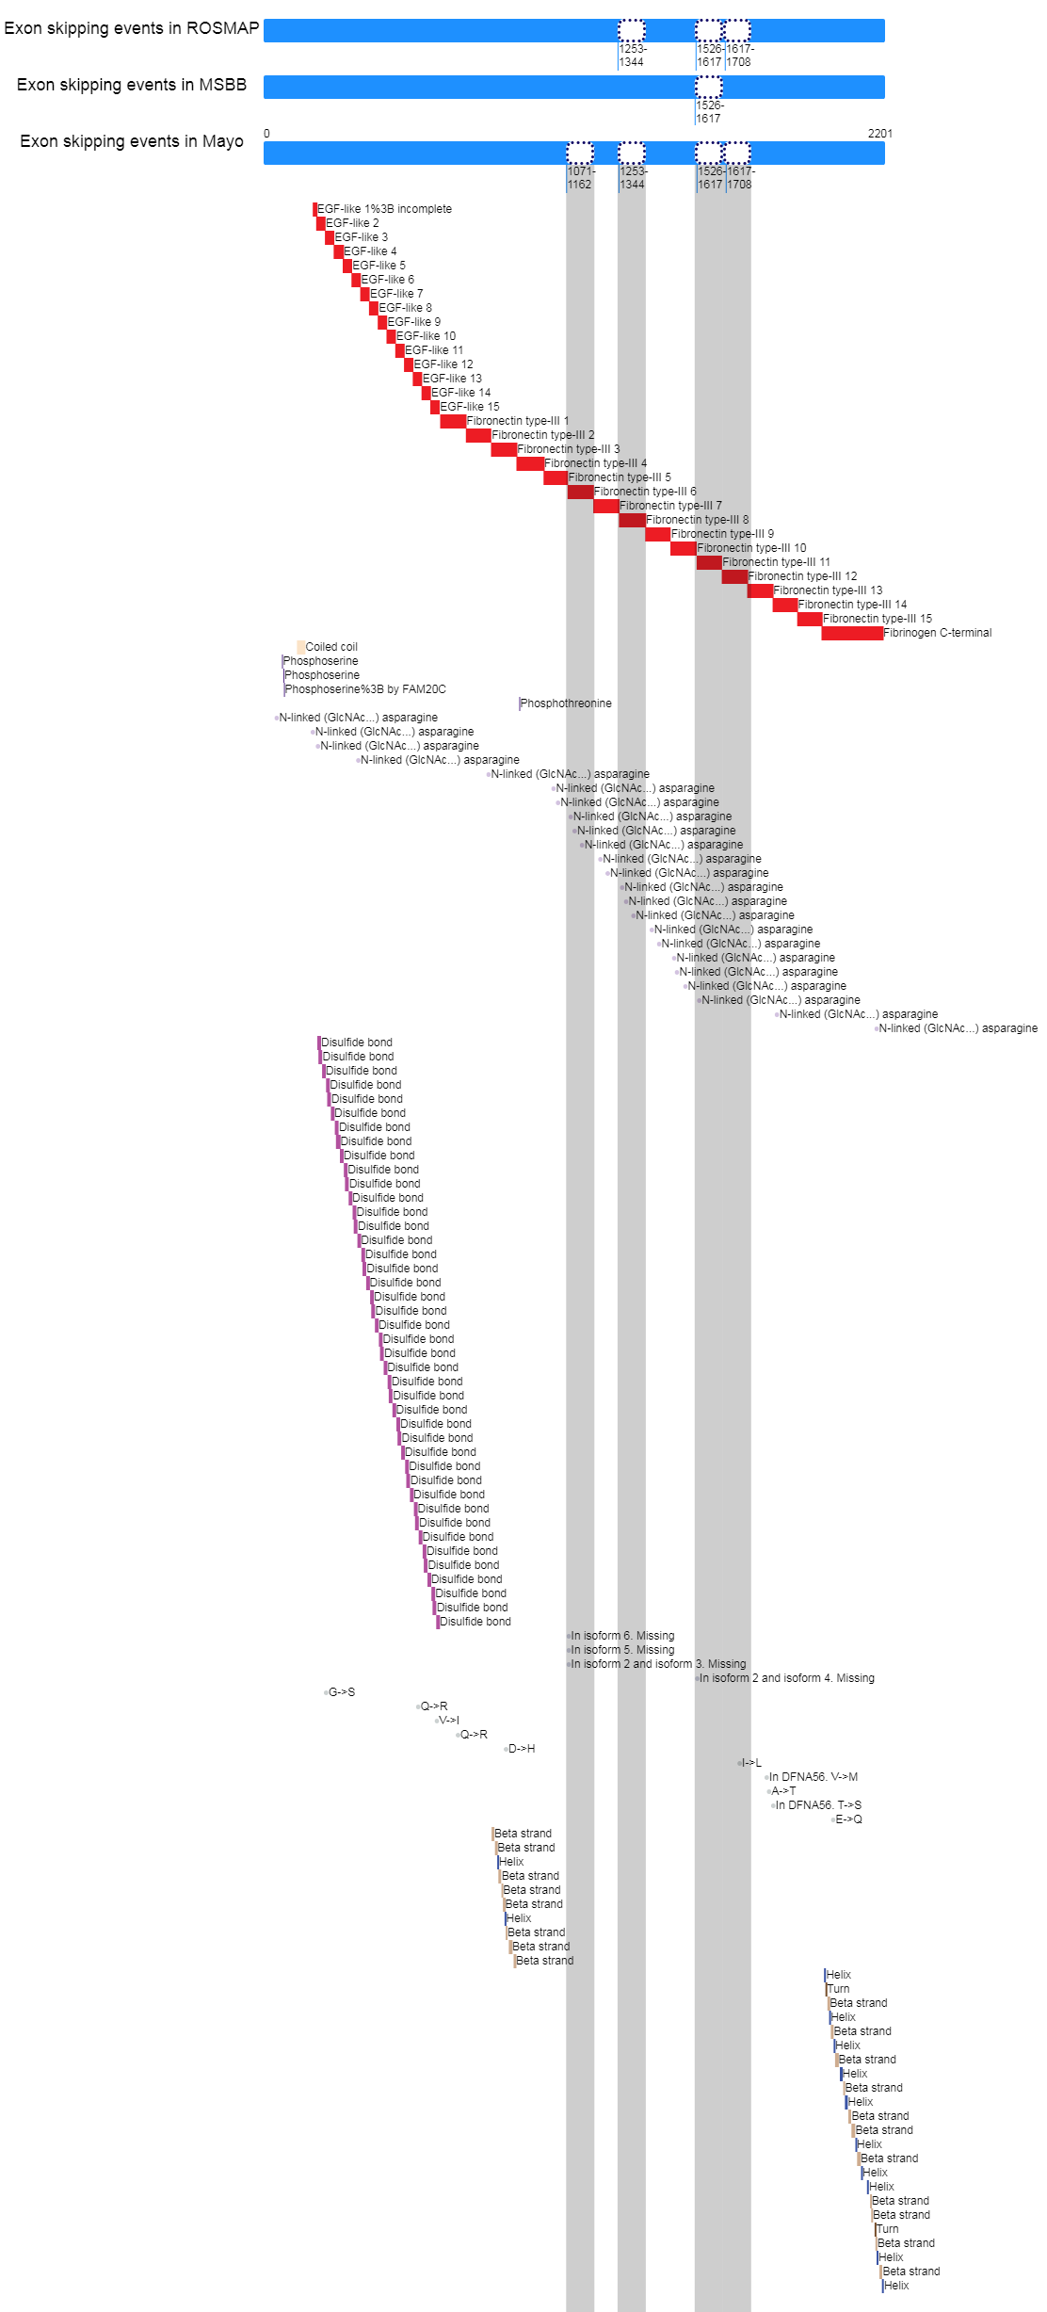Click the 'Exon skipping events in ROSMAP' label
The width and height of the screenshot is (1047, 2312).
click(131, 28)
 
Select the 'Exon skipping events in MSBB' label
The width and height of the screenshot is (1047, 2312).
click(131, 85)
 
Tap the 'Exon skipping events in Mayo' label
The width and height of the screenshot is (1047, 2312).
click(131, 141)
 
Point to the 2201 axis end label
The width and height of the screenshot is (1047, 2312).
click(879, 134)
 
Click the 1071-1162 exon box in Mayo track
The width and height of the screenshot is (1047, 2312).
click(580, 153)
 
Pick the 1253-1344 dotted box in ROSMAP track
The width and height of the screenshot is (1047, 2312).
click(632, 30)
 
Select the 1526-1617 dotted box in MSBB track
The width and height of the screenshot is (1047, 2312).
click(709, 87)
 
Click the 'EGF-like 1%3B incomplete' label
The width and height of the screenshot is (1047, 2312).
click(384, 209)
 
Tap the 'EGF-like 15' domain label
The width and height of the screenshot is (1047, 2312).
click(470, 407)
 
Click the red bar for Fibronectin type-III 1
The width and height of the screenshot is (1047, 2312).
click(453, 421)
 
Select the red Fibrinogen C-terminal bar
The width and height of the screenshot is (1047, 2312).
click(852, 633)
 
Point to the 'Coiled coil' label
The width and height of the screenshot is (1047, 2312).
click(331, 647)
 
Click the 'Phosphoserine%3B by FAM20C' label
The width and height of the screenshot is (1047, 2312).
click(365, 689)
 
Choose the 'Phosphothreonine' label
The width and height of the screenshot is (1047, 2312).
click(566, 703)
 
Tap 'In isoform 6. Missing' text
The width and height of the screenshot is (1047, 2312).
click(622, 1636)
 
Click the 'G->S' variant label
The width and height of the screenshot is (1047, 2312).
click(341, 1692)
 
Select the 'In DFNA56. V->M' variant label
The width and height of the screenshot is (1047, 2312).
click(813, 1777)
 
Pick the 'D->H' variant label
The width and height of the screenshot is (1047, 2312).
click(521, 1749)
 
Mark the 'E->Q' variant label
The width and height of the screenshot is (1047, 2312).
click(848, 1819)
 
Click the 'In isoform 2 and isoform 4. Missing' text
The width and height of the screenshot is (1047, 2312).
click(786, 1678)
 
